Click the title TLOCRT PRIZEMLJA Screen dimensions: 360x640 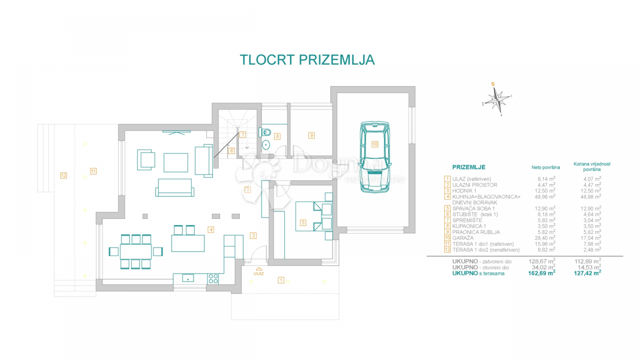[x=307, y=59]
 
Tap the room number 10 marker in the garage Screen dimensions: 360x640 [x=374, y=144]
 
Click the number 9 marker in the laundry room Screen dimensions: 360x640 [x=311, y=135]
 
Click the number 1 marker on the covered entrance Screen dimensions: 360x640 [x=281, y=279]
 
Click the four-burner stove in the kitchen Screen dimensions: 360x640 [x=213, y=278]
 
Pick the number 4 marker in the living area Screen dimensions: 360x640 [x=211, y=230]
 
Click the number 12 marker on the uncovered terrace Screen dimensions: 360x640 [x=63, y=175]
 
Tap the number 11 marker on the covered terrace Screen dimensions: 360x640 [x=93, y=171]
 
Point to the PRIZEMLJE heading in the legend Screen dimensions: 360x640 [x=469, y=167]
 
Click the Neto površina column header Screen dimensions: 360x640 [x=542, y=167]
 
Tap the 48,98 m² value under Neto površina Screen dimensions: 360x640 [x=544, y=197]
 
